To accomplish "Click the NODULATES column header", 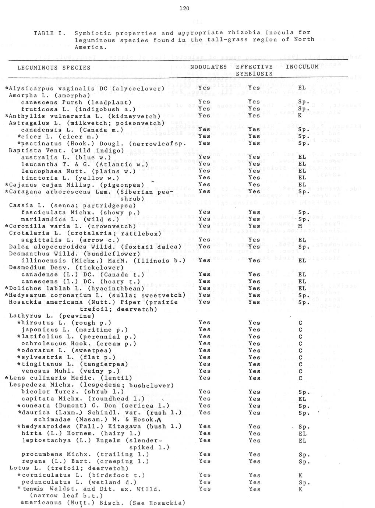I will [208, 67].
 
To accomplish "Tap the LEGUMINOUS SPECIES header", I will [54, 68].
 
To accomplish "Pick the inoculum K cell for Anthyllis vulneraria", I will [300, 116].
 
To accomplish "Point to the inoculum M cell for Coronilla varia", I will [300, 226].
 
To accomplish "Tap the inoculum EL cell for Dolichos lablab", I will [302, 288].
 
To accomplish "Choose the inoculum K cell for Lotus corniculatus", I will [300, 475].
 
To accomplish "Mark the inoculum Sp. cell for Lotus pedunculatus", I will [304, 482].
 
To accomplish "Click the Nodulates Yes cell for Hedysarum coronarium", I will [204, 295].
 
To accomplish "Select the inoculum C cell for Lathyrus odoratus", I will [300, 350].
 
